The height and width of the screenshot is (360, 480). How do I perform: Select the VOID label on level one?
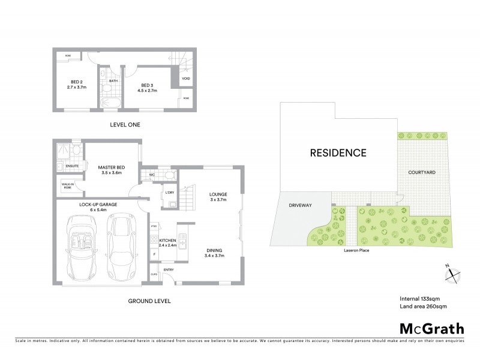(187, 78)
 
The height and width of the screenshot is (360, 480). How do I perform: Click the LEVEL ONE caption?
(125, 125)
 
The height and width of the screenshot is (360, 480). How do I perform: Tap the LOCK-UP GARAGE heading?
(97, 205)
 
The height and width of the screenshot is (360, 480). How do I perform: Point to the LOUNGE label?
(217, 194)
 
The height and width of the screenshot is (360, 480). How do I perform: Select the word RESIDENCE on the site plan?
(338, 152)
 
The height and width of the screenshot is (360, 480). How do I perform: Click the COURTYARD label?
(422, 172)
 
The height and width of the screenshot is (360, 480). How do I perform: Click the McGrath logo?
(431, 329)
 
